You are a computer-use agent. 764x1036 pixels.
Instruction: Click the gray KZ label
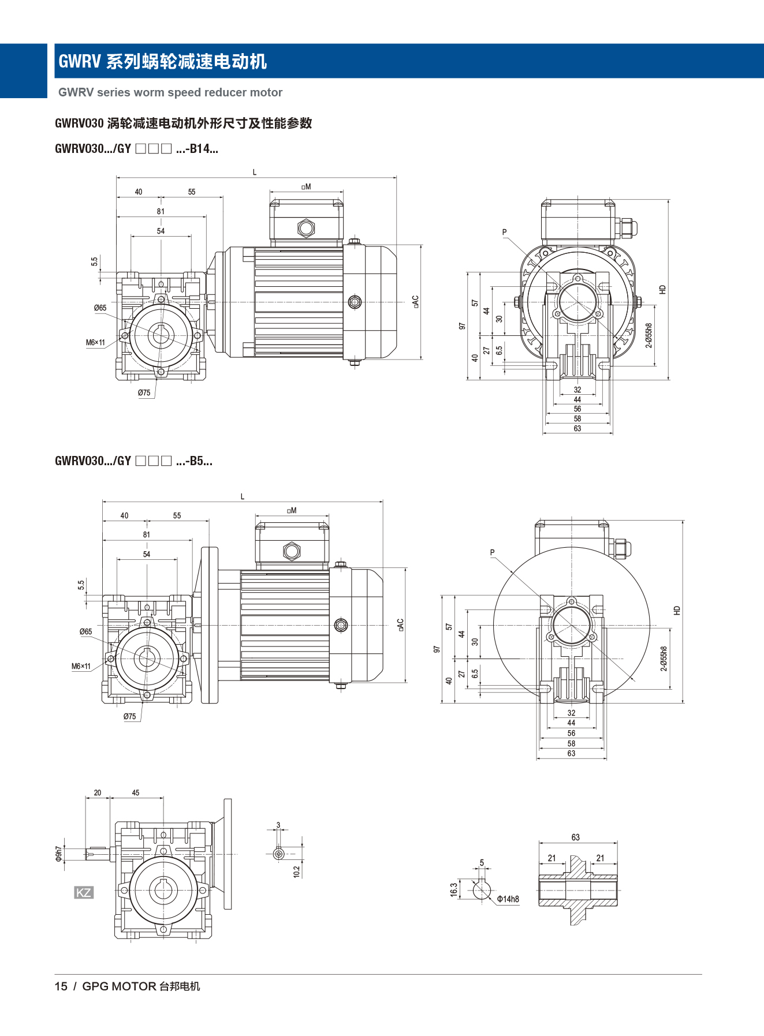(84, 893)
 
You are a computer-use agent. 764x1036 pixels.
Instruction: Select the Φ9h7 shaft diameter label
(58, 854)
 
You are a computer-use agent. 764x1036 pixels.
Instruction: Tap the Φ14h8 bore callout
(508, 899)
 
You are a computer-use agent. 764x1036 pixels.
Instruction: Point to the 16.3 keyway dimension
(454, 889)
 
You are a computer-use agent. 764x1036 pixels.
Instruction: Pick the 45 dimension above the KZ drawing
(136, 793)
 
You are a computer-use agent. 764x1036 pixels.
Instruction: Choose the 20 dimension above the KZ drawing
(98, 793)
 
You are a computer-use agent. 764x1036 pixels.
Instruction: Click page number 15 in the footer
(61, 986)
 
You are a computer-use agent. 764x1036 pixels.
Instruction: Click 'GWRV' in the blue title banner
(80, 61)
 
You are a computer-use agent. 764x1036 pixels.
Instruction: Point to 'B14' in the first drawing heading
(200, 149)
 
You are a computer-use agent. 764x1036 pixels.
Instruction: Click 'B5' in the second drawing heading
(196, 461)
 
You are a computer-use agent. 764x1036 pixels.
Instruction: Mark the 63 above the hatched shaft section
(576, 837)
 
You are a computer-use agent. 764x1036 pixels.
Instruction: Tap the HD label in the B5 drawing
(677, 610)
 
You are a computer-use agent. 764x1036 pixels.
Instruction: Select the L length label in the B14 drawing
(255, 172)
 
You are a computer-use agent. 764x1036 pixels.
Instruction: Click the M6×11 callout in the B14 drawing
(96, 343)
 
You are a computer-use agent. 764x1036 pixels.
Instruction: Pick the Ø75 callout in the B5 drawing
(129, 716)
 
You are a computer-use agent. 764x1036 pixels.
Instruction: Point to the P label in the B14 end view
(504, 232)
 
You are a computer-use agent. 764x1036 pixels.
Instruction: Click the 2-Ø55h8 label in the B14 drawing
(649, 335)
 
